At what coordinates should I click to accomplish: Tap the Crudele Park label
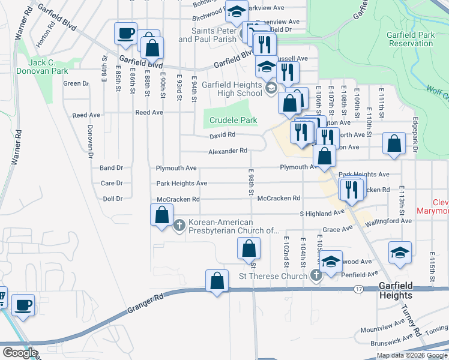point(233,121)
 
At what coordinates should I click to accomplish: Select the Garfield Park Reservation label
point(411,39)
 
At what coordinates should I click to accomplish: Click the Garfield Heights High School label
point(232,89)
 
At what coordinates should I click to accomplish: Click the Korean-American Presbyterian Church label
point(234,226)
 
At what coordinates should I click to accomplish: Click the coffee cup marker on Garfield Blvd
point(125,34)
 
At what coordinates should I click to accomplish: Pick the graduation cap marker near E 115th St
point(400,253)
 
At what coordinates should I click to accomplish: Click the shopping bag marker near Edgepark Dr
point(393,144)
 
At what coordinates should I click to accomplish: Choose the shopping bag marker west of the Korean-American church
point(161,215)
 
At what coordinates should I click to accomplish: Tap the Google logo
point(20,353)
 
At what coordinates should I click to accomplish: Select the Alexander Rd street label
point(228,151)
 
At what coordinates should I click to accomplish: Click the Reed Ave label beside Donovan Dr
point(86,115)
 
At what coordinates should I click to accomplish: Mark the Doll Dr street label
point(112,199)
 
